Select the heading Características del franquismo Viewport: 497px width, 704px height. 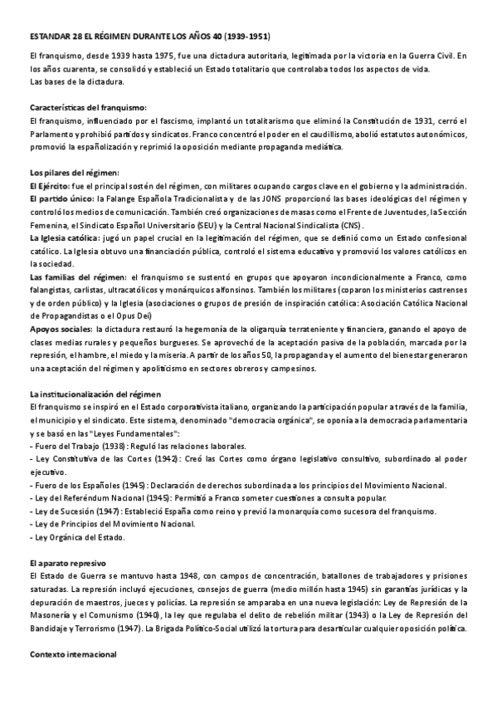(x=88, y=108)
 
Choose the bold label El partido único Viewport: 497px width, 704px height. (x=61, y=200)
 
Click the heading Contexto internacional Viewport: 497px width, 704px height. (x=73, y=653)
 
